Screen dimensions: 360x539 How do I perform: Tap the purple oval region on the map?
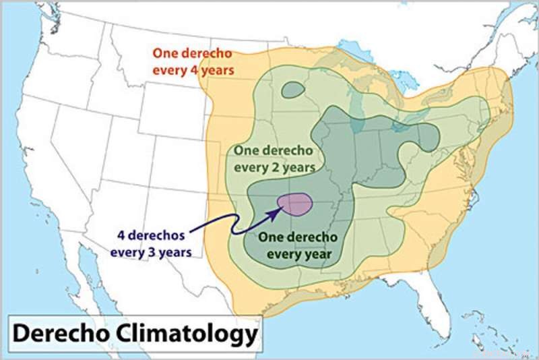tap(295, 203)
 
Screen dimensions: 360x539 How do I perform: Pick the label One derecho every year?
tap(299, 246)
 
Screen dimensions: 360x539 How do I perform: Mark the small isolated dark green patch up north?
tap(292, 89)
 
